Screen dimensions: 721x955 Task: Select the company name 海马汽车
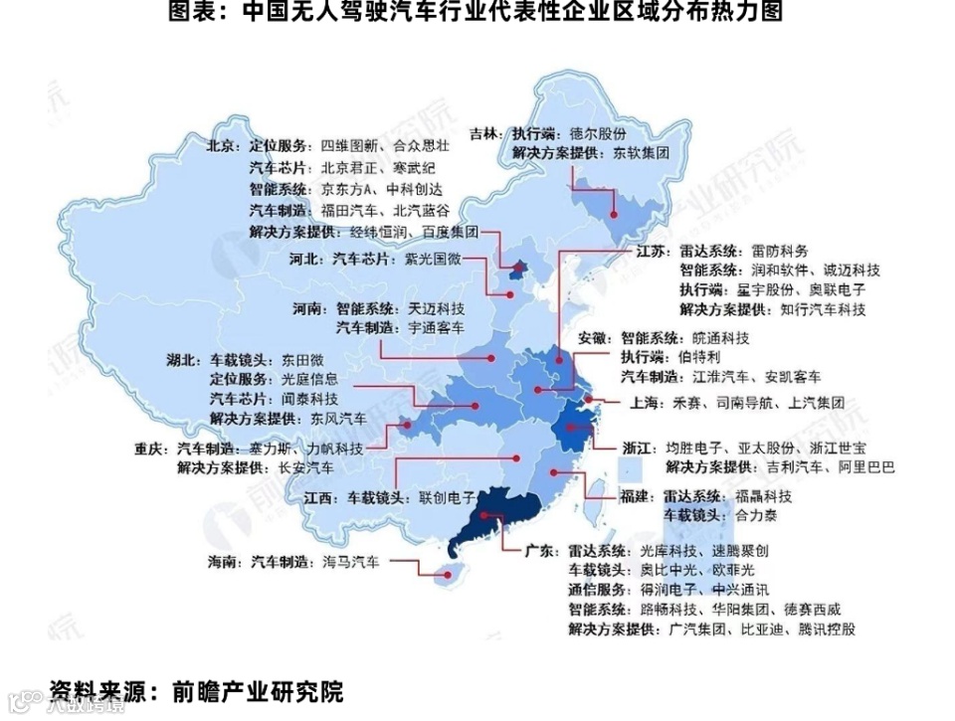coord(350,562)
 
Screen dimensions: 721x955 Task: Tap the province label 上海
coord(641,404)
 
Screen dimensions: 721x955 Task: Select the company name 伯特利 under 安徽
coord(698,356)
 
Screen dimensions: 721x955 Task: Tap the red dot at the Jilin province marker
coord(616,213)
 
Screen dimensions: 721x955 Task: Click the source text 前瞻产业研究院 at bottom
coord(258,691)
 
